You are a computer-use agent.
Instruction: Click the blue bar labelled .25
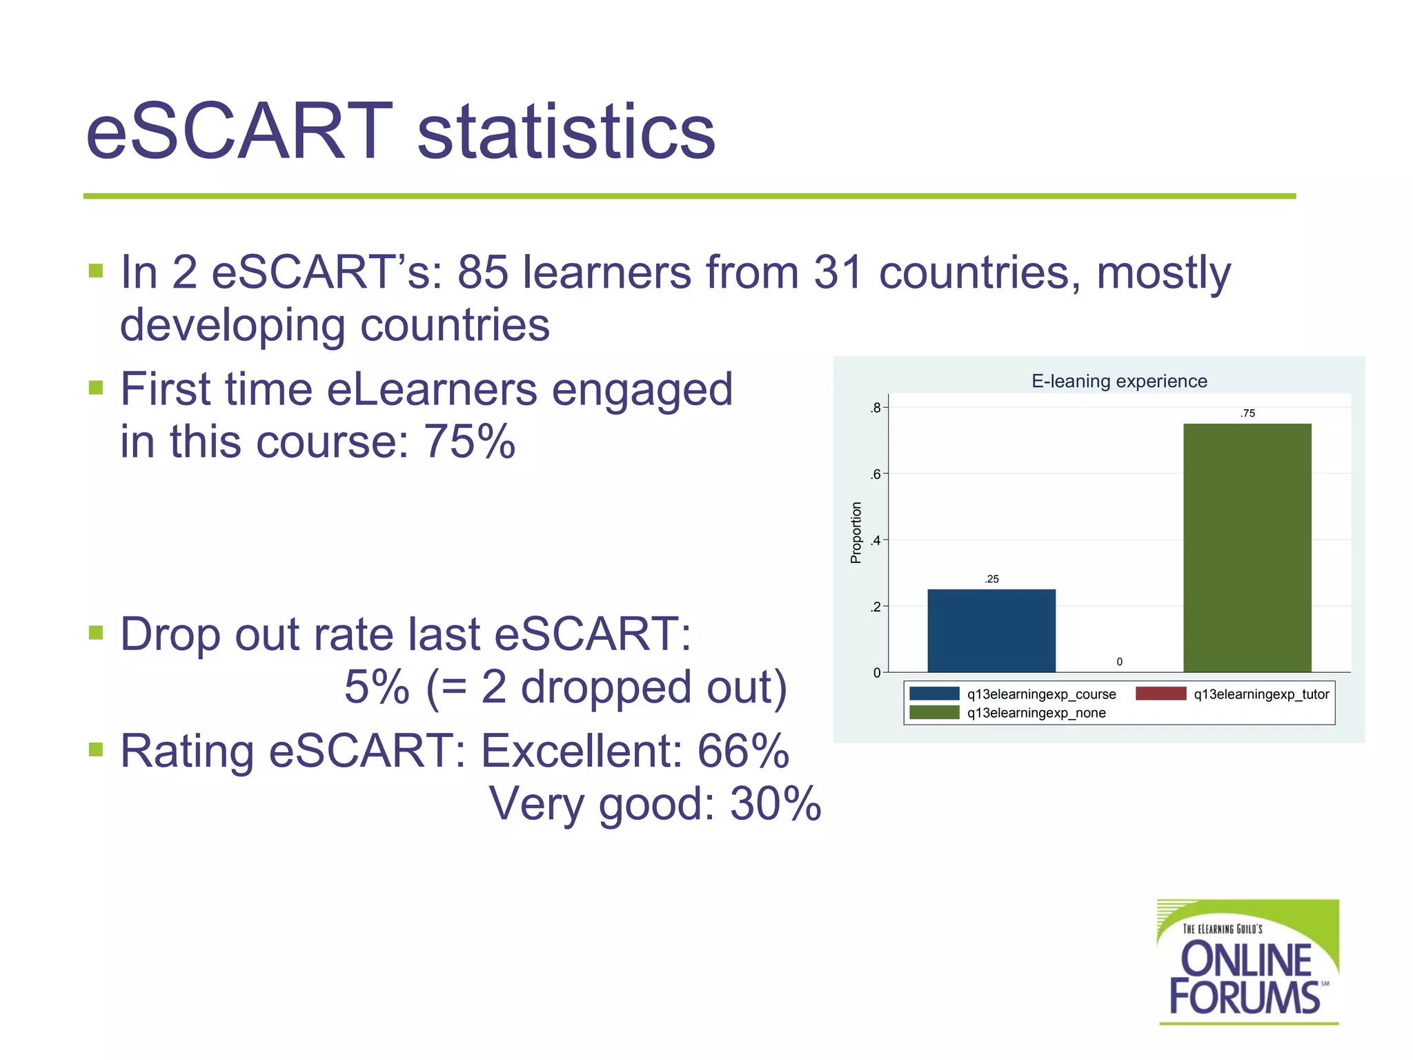991,630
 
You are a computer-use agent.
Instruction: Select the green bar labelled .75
1247,547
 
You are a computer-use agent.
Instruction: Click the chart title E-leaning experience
1119,381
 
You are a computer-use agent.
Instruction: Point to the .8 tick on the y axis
876,408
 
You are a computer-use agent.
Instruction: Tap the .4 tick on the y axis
876,540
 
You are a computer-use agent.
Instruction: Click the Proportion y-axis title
856,532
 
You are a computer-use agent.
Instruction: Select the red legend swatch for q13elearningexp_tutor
1160,694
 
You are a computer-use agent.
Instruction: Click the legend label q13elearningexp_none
1036,713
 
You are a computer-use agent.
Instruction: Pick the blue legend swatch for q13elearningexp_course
934,694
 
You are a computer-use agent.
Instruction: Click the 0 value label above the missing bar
1119,662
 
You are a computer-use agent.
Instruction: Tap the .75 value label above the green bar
1247,413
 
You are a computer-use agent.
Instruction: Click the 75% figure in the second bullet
469,441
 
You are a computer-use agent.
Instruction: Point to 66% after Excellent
743,751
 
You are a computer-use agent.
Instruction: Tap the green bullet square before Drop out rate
96,632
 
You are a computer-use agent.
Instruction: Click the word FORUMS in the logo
1244,997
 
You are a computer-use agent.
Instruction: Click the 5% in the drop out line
377,687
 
